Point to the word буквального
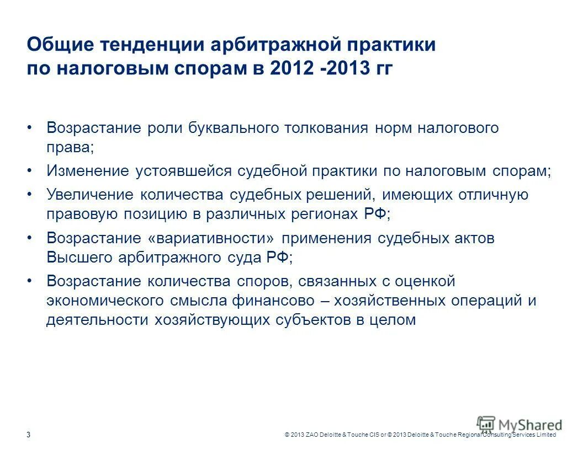(233, 128)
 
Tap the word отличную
(491, 195)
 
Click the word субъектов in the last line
(308, 320)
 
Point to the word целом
(392, 320)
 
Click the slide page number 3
(29, 435)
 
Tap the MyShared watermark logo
(520, 425)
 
